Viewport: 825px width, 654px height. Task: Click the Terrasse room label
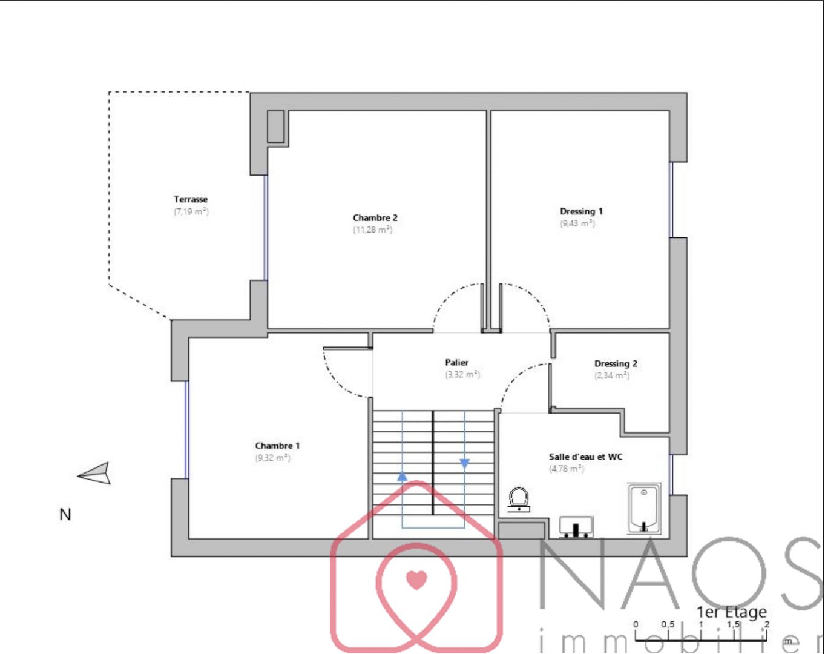tap(191, 199)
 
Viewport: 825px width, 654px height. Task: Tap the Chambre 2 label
tap(375, 217)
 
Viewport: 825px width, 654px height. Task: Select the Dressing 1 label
tap(581, 211)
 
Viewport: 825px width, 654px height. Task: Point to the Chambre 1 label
tap(277, 445)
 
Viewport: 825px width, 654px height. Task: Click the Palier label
tap(456, 362)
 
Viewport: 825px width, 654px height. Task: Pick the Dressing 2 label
tap(616, 363)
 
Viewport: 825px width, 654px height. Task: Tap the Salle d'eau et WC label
tap(585, 457)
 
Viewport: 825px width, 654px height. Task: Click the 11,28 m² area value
tap(373, 230)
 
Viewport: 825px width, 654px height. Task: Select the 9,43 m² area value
tap(577, 223)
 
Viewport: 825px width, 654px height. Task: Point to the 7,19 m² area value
tap(191, 211)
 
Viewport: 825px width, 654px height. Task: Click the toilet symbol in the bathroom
tap(519, 500)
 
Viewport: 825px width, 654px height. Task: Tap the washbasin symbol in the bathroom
tap(576, 527)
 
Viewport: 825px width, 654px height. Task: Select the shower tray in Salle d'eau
tap(644, 509)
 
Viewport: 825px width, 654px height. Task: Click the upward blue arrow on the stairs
tap(402, 477)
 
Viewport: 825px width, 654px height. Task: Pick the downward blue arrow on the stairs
tap(465, 464)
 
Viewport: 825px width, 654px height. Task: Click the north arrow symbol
tap(94, 474)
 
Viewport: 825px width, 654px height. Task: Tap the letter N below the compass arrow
tap(65, 514)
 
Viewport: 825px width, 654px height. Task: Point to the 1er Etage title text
tap(731, 612)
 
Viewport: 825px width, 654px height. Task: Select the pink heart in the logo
tap(416, 580)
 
